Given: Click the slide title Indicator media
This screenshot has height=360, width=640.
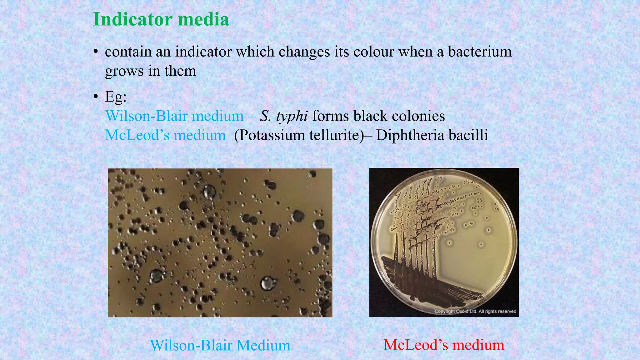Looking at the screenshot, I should pos(161,19).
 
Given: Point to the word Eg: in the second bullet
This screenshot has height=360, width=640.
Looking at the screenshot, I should pos(116,97).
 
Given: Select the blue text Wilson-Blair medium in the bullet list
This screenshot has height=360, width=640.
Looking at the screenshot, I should pos(174,116).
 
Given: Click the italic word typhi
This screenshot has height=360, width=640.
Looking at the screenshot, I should pos(292,116).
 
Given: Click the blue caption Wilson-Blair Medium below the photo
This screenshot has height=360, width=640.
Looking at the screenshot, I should pos(220,346).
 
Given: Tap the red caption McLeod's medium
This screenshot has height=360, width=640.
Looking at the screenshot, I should pos(444,345).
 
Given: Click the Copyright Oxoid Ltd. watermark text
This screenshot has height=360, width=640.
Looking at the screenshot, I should pos(475,311).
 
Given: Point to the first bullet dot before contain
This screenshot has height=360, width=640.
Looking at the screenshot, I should pos(96,52).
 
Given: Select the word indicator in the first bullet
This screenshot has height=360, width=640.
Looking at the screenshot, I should pos(203,52).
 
